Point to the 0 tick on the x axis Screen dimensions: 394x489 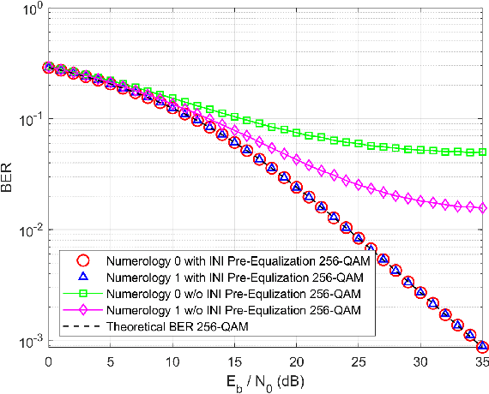point(48,361)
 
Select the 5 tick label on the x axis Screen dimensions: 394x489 point(111,361)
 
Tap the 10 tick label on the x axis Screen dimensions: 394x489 point(172,361)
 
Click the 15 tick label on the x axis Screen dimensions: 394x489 point(234,361)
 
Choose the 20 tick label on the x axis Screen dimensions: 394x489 point(297,361)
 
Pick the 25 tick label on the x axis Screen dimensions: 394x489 point(359,361)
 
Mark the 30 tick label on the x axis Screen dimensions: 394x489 point(420,361)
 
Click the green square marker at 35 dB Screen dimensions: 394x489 point(482,152)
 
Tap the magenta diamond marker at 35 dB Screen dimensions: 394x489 point(482,208)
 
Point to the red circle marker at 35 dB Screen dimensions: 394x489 point(482,347)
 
